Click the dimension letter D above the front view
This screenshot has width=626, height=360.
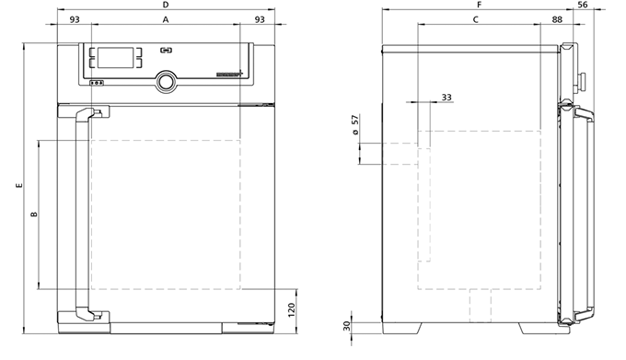click(x=166, y=5)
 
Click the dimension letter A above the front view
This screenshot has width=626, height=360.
click(x=166, y=19)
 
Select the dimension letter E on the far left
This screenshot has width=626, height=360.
click(x=19, y=186)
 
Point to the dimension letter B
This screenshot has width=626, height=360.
click(x=34, y=215)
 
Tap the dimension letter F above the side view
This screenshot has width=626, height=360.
click(x=480, y=5)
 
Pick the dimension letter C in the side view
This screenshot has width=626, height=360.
click(x=476, y=19)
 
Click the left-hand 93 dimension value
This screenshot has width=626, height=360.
click(x=75, y=19)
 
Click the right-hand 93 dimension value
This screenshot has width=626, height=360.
click(x=260, y=19)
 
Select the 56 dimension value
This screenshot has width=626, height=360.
click(x=583, y=5)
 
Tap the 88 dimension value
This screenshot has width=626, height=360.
click(x=557, y=19)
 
